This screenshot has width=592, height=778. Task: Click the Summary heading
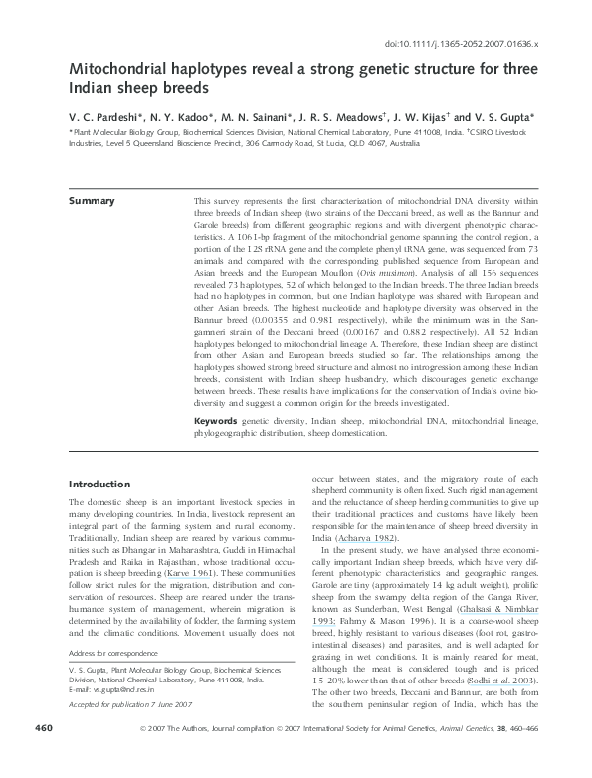tap(91, 201)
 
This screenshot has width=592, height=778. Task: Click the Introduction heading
tap(99, 484)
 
